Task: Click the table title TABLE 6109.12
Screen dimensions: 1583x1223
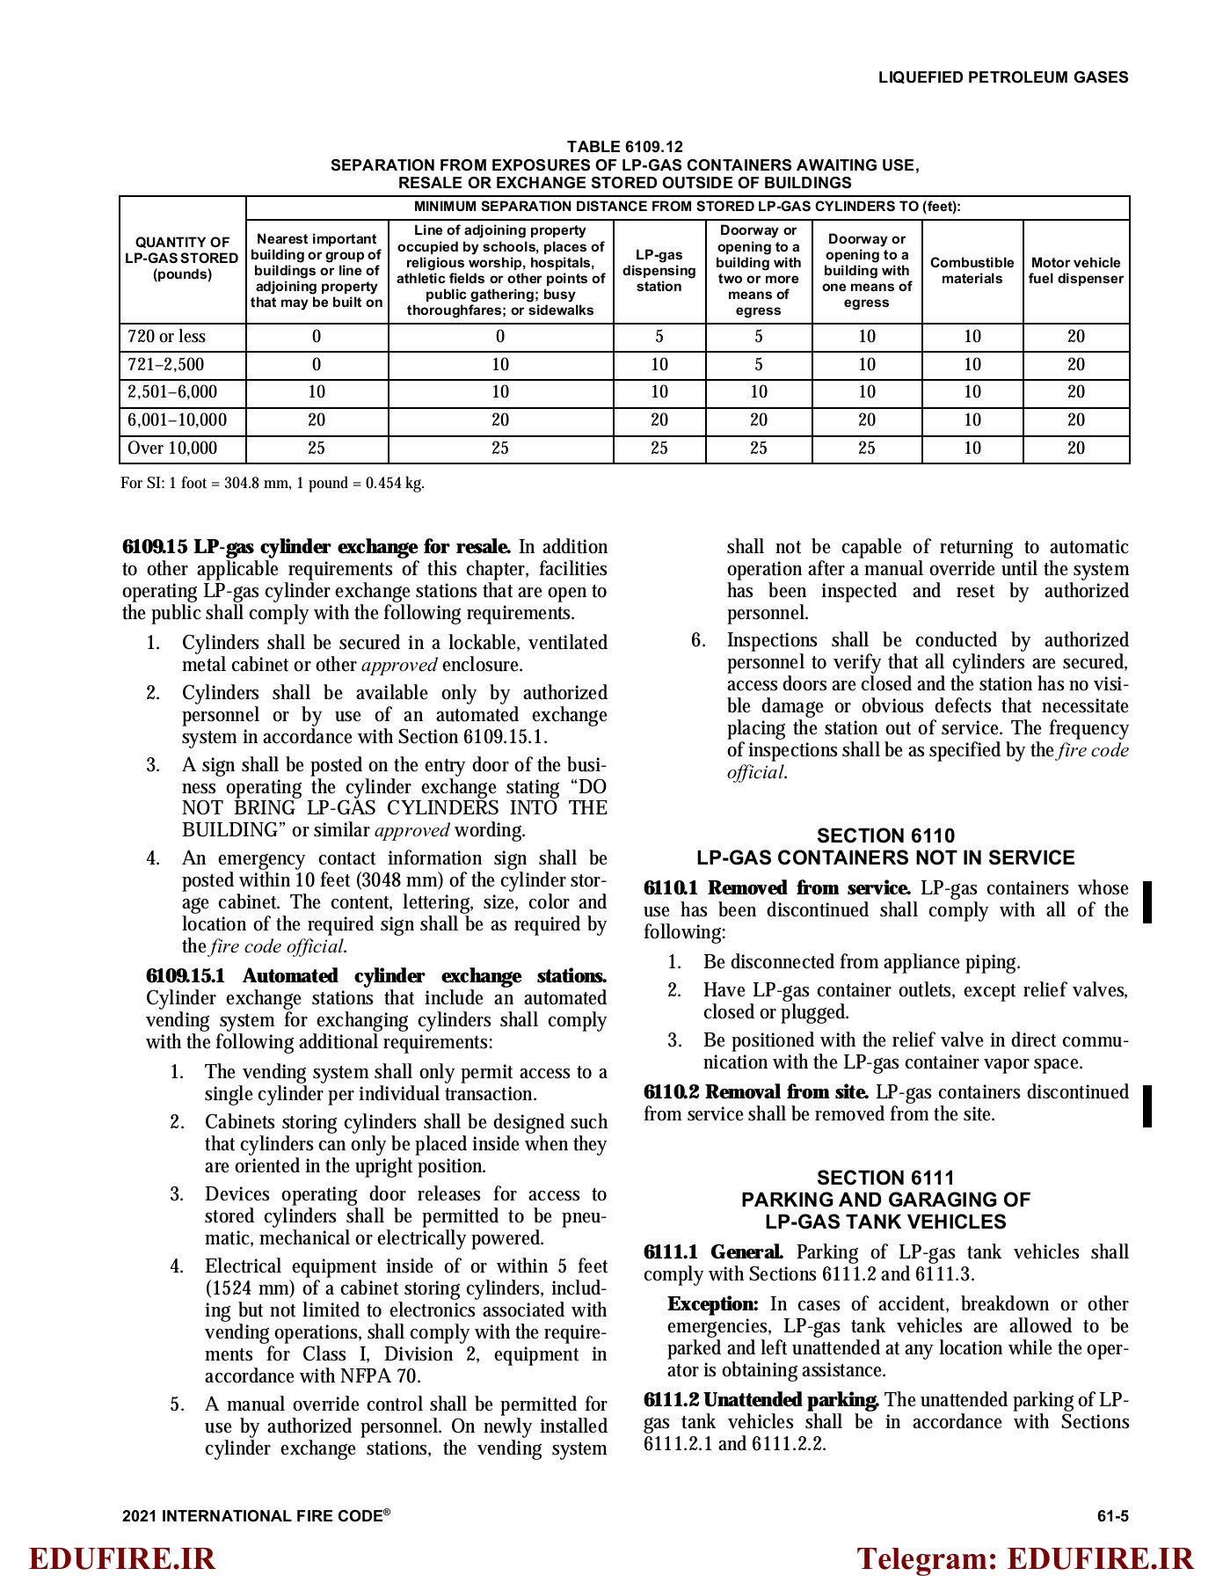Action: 624,147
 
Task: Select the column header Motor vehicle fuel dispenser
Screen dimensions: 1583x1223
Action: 1075,271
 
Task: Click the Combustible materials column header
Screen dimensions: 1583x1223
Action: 972,271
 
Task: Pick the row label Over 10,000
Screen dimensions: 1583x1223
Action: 172,449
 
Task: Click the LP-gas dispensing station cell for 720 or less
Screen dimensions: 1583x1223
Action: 659,337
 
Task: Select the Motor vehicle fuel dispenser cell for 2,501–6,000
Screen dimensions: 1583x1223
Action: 1075,392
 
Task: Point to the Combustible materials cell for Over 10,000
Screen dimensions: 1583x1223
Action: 972,449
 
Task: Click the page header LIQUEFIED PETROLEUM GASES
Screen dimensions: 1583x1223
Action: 1002,77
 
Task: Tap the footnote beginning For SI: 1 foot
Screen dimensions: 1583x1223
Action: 273,484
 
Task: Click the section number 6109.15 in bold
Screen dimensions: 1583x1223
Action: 155,547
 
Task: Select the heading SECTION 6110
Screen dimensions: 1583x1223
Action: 885,835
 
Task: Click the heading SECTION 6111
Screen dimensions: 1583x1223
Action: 885,1178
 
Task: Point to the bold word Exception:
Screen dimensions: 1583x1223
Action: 712,1304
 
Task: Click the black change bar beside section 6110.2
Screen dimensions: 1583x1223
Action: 1147,1105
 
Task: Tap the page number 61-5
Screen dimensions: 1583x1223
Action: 1112,1515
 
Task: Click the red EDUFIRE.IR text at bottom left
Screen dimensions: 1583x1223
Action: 122,1558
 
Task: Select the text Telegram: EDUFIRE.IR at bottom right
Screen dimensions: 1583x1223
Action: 1025,1558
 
